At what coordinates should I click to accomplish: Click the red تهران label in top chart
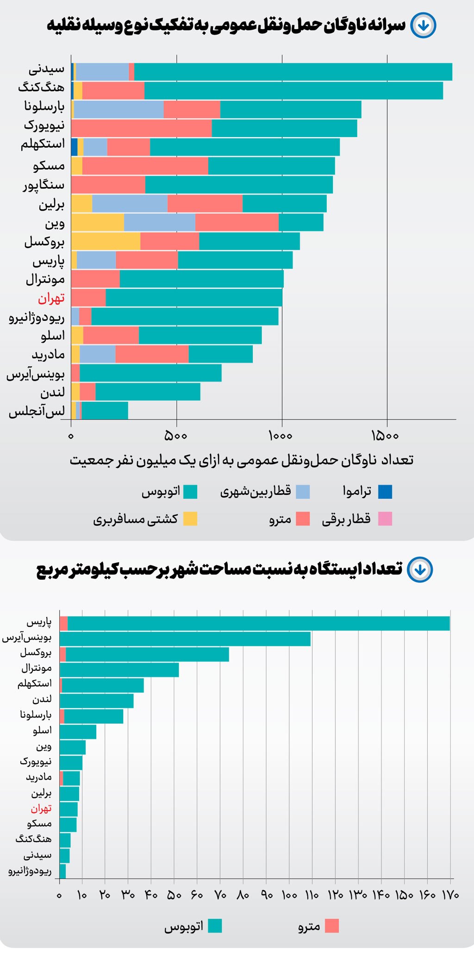(51, 298)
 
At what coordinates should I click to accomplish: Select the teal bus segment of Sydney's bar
(293, 72)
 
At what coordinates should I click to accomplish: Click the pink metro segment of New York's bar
(141, 128)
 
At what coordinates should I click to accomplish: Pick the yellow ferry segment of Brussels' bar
(106, 241)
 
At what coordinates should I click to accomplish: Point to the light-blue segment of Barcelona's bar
(118, 109)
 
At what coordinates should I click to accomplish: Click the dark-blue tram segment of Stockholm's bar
(74, 147)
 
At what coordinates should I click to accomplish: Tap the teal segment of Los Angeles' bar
(105, 411)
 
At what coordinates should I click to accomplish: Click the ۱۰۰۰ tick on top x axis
(281, 436)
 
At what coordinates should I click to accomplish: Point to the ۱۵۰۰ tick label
(385, 436)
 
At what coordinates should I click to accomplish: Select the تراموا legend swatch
(385, 492)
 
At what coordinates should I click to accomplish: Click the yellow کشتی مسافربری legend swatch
(190, 519)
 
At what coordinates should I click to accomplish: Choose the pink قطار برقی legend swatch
(385, 519)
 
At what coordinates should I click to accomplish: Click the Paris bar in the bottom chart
(258, 624)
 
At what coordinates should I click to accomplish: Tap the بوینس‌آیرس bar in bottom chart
(185, 639)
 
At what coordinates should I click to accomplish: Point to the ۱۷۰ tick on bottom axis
(450, 895)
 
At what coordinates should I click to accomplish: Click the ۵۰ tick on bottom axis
(174, 895)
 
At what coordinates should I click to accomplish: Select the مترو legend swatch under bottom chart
(332, 926)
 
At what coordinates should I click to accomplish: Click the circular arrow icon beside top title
(423, 25)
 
